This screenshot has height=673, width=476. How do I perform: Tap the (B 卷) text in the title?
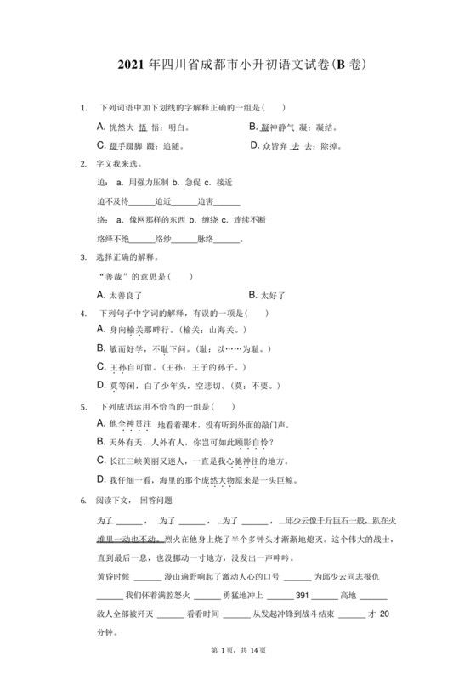[x=347, y=65]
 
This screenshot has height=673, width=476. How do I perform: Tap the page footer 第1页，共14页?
[x=237, y=650]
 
